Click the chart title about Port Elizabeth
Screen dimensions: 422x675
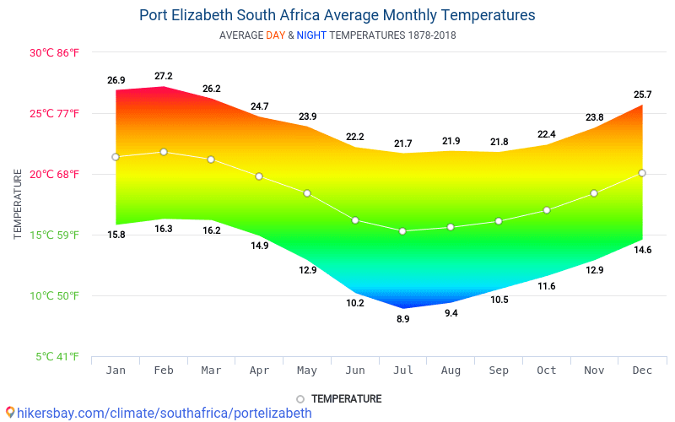(x=337, y=15)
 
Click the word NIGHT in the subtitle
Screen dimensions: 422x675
(x=311, y=35)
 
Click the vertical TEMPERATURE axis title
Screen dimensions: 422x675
(x=18, y=203)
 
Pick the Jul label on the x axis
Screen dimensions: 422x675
(x=402, y=371)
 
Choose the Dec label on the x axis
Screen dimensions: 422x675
(x=642, y=371)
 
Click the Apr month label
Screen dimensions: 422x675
(x=259, y=371)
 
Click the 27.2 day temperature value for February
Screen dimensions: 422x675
(x=164, y=77)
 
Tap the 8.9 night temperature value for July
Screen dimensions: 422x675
(x=402, y=319)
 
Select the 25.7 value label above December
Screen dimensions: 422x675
(x=642, y=95)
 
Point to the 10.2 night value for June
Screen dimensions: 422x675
(x=355, y=303)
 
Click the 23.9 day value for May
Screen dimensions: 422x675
(x=307, y=116)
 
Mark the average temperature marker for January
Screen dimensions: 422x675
(x=116, y=157)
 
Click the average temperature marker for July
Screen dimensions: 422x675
(x=402, y=231)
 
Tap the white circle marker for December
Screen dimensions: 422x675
(x=642, y=173)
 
